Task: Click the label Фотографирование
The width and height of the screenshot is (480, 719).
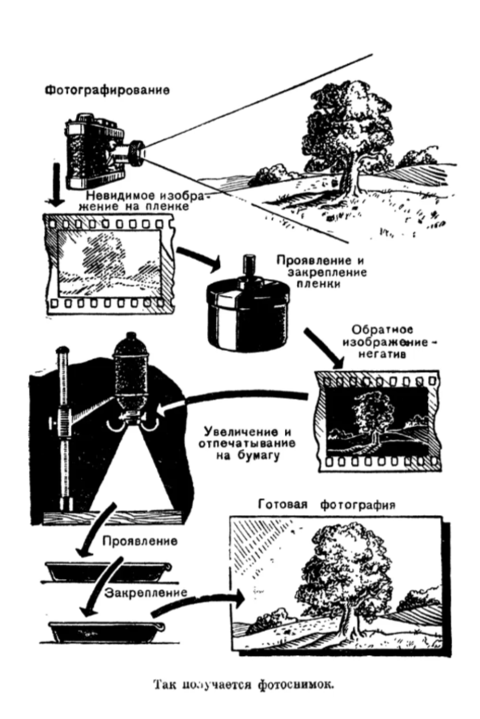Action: [106, 89]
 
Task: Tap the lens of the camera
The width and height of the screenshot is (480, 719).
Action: [137, 150]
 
